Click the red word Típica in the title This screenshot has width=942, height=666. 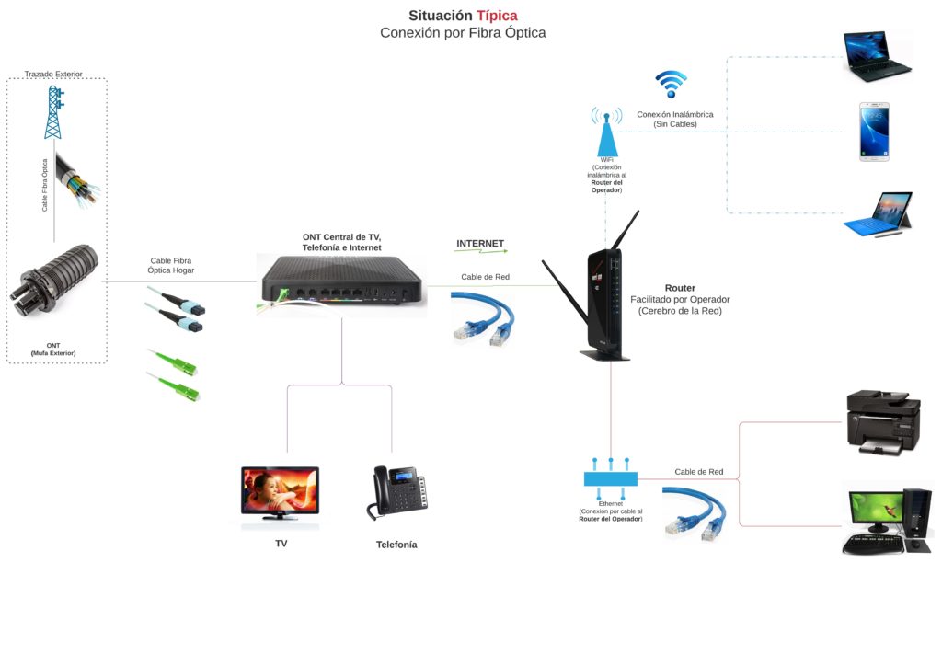tap(497, 16)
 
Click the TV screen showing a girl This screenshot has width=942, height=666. tap(280, 492)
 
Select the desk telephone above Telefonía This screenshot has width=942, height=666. tap(398, 492)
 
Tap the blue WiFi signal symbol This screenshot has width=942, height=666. tap(672, 84)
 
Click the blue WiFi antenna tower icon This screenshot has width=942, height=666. tap(606, 132)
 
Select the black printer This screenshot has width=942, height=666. tap(881, 422)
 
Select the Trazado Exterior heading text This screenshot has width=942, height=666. tap(53, 73)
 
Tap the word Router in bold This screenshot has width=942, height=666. tap(680, 288)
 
